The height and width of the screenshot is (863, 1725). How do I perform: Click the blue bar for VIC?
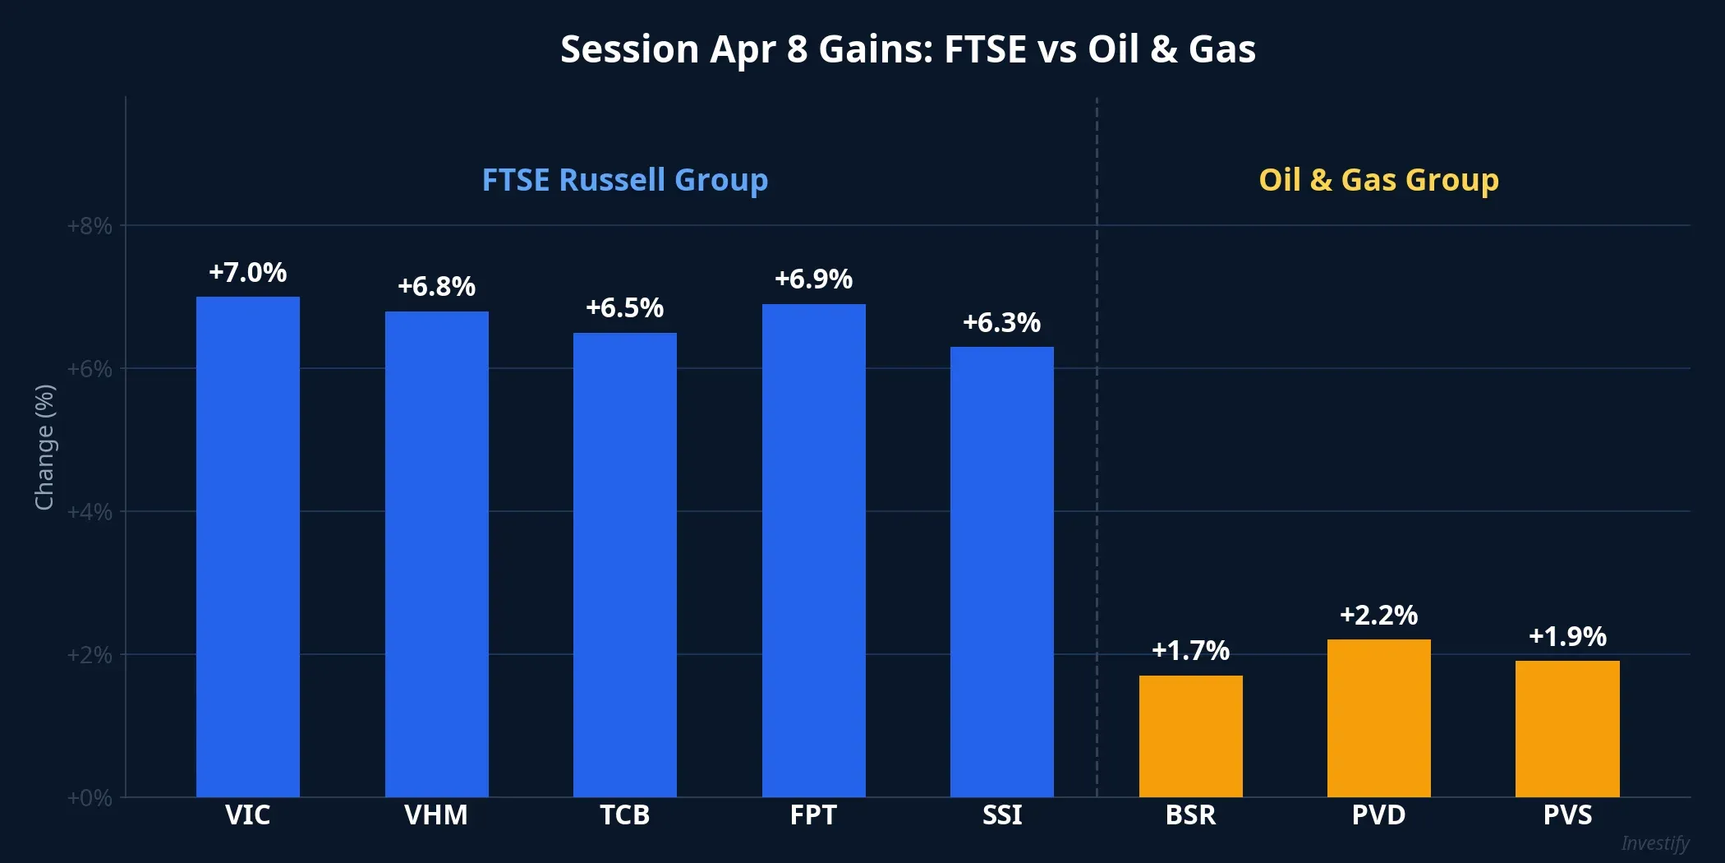(247, 547)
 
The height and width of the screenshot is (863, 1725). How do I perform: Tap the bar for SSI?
(1001, 571)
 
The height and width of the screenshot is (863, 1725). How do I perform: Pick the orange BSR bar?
(1190, 736)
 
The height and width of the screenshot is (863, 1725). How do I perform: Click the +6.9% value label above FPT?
(813, 279)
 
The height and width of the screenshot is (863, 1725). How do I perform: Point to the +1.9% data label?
(1567, 637)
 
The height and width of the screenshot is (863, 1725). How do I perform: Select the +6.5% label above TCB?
(624, 308)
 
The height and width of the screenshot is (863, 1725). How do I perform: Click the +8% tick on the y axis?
(90, 226)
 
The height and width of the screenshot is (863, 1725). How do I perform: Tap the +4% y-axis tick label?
(90, 512)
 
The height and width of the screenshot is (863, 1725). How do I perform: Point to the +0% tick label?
(90, 798)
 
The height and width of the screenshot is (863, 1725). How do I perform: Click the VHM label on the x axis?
(436, 815)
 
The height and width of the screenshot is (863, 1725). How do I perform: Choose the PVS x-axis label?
(1567, 815)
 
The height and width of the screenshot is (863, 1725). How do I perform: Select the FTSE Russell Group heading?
(624, 180)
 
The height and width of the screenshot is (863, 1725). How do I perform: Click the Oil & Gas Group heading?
(1378, 180)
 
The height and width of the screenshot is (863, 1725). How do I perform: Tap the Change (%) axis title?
(44, 447)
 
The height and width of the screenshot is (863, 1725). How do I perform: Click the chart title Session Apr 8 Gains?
(908, 49)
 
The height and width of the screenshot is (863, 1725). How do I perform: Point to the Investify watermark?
(1654, 843)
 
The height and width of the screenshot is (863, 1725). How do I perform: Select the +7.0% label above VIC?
(247, 273)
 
